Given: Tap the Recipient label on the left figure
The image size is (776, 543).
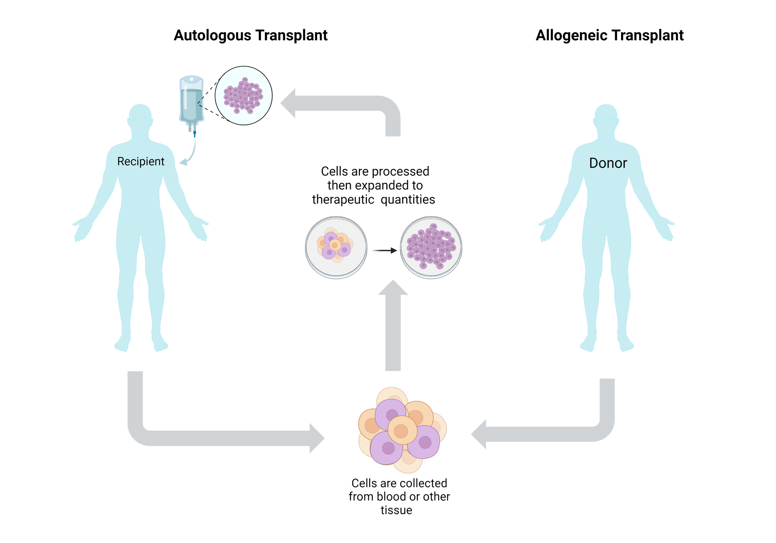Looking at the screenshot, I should click(141, 162).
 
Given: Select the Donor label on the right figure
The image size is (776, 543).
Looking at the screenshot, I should click(608, 163).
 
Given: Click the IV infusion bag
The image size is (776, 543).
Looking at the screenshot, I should click(191, 101).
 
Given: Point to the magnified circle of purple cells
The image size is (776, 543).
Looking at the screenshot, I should click(243, 96).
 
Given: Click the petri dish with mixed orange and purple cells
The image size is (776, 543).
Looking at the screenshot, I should click(336, 247).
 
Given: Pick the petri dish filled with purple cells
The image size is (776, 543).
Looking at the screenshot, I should click(431, 247).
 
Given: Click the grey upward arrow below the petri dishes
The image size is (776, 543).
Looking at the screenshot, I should click(393, 328).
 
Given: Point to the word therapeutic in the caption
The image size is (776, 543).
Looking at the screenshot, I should click(343, 200).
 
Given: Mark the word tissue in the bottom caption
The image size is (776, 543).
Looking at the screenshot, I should click(396, 510).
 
